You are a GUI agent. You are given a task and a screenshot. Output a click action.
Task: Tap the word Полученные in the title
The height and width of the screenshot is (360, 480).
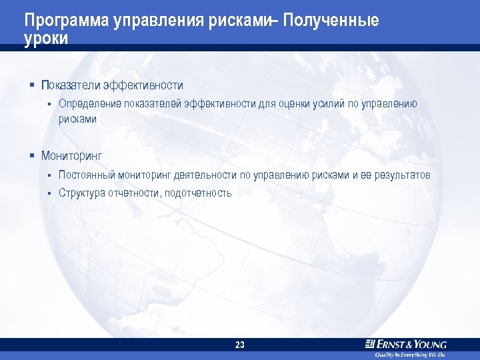(331, 21)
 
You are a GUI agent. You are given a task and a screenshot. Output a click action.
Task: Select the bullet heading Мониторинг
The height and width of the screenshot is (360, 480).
(71, 156)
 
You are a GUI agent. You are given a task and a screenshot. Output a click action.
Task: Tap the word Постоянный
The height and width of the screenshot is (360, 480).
(87, 175)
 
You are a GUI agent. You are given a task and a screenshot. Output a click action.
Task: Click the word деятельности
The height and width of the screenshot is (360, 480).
(205, 175)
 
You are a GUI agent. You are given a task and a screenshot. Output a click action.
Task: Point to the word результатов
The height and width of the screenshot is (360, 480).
(403, 175)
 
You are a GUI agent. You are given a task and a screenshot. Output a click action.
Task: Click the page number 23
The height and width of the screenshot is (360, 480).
(240, 345)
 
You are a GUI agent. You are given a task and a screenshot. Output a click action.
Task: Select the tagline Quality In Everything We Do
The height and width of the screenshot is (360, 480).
(409, 355)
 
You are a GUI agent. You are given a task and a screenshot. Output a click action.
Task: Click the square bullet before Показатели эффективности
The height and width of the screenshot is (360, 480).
(31, 85)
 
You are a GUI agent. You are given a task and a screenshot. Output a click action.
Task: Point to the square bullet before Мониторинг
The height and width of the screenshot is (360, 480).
(31, 156)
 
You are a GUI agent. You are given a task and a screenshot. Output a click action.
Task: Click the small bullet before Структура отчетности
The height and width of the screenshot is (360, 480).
(49, 193)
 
